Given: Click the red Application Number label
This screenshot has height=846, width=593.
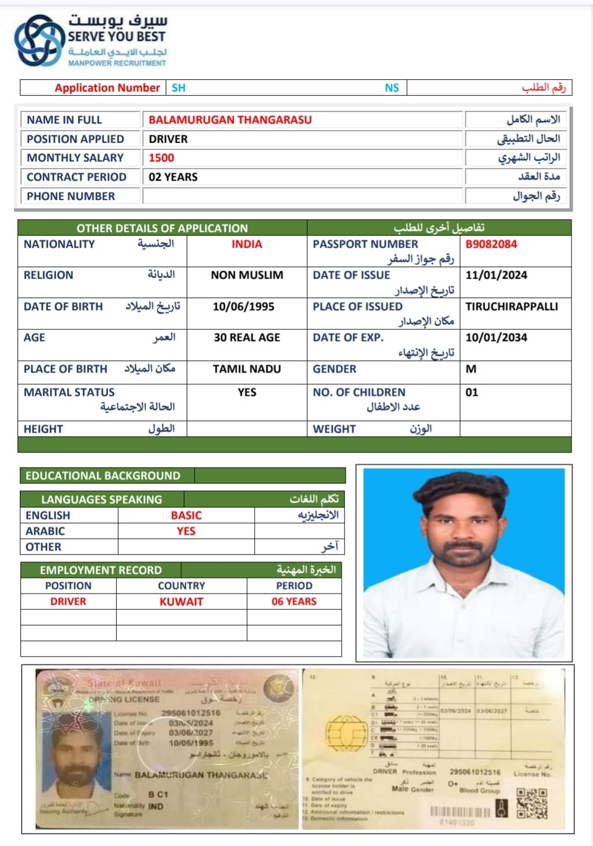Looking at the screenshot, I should point(107,88).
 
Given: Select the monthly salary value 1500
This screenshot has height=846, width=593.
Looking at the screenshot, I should point(162,158).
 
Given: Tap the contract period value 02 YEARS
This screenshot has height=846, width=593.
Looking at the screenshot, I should point(173,177).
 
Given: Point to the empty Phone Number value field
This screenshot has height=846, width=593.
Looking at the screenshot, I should point(302,196).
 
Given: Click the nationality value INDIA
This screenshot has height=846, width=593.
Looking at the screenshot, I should point(247,244).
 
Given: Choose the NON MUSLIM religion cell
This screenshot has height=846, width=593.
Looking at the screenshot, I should point(247,275).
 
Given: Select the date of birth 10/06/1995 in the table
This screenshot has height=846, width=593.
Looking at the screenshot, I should point(243,307).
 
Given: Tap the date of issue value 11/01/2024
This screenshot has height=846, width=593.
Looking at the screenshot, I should point(496,275).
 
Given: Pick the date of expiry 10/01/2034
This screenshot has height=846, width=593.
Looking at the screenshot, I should point(496,338).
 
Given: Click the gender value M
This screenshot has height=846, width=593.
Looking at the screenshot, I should point(471,369).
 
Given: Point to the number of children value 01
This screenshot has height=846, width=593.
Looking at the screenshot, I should point(472,392).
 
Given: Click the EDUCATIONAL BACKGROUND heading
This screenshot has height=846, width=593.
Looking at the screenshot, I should point(103,476).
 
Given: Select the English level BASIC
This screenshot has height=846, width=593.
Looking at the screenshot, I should point(186,515).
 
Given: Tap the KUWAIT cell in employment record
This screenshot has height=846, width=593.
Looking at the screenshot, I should point(181,602).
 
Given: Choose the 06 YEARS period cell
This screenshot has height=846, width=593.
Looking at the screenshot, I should point(294,602).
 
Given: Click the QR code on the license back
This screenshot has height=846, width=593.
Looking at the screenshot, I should point(532,804).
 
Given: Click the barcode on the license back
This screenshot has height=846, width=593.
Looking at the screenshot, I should point(460,812).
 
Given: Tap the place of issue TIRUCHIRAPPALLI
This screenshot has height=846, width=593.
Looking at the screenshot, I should point(511,307).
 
